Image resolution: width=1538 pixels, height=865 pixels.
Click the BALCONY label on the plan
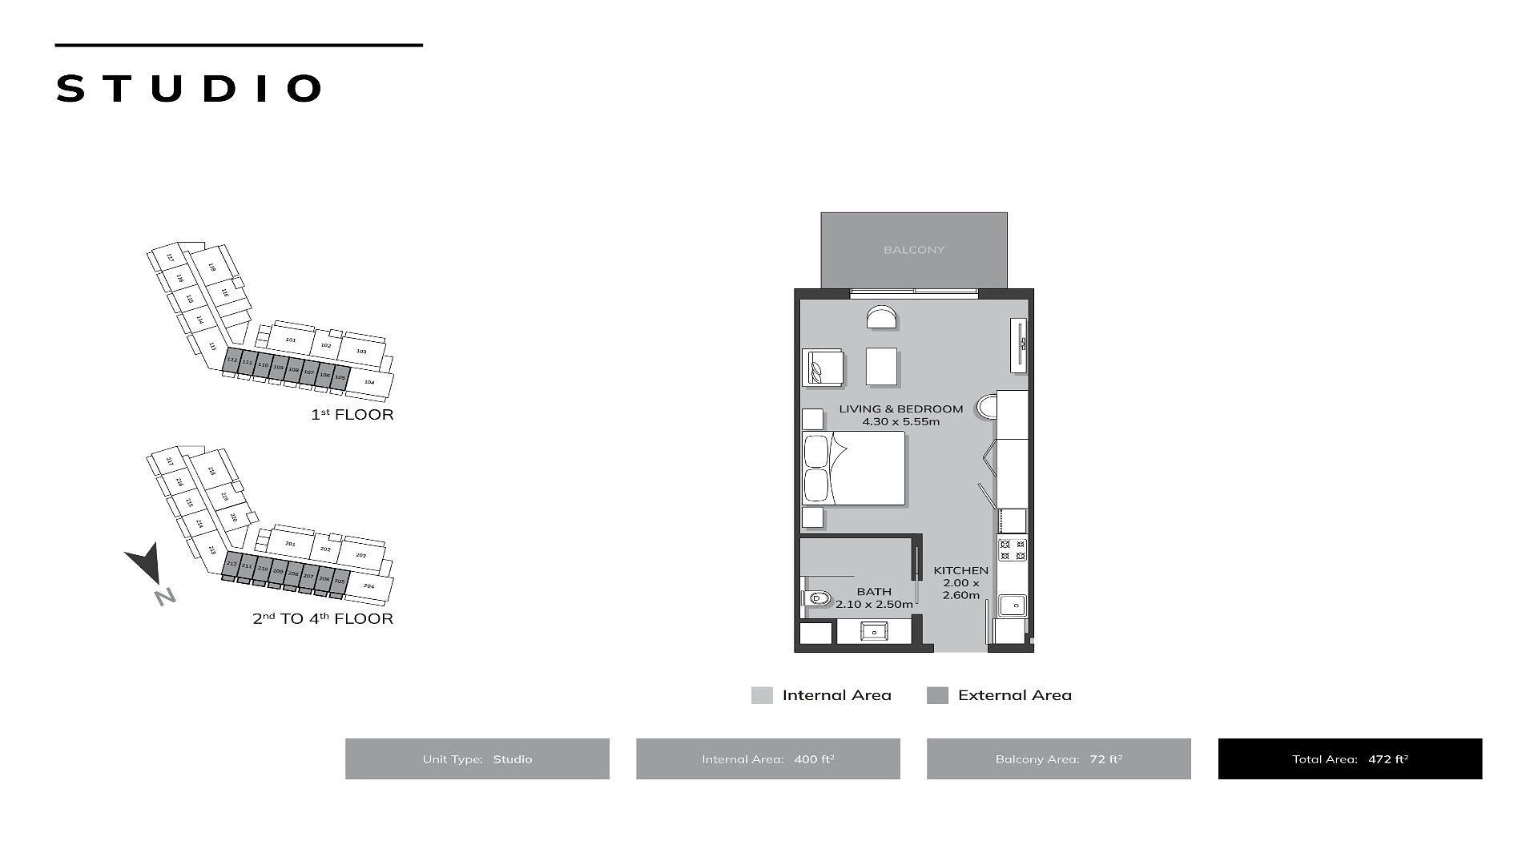click(913, 250)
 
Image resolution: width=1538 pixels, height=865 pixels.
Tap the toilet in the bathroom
click(816, 597)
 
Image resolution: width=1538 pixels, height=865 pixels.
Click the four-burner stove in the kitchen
click(1013, 550)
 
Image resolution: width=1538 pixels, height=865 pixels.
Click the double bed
click(854, 469)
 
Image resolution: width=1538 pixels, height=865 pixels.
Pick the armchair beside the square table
click(823, 368)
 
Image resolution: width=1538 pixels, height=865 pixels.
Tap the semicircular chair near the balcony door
click(881, 318)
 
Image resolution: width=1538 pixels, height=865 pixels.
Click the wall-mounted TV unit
click(1019, 345)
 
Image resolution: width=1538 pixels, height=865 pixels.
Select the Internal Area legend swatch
click(762, 695)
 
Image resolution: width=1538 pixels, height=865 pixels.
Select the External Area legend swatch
click(937, 695)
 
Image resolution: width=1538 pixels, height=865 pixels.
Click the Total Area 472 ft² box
click(1350, 758)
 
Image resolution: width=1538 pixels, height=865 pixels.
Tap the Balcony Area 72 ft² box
click(1058, 758)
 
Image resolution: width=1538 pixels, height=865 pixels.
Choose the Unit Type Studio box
click(477, 758)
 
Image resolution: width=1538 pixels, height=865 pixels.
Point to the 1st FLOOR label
click(352, 415)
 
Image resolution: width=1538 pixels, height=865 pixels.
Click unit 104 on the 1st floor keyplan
click(369, 383)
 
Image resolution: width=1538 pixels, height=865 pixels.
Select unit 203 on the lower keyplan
click(360, 555)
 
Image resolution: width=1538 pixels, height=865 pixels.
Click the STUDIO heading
click(189, 88)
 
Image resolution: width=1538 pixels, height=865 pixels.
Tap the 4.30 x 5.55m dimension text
click(900, 422)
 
